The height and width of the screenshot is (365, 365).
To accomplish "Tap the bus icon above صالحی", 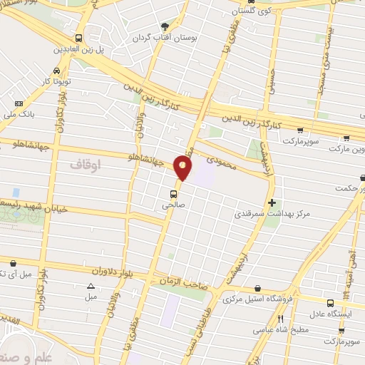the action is pyautogui.click(x=173, y=193).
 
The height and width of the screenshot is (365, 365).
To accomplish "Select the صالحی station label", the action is pyautogui.click(x=173, y=205).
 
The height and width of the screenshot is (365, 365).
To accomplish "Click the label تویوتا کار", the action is pyautogui.click(x=56, y=81).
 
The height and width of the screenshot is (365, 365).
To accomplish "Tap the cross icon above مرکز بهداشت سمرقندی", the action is pyautogui.click(x=272, y=202).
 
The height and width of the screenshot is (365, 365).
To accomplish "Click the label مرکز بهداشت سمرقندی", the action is pyautogui.click(x=272, y=213).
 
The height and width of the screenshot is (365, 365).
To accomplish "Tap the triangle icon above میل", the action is pyautogui.click(x=90, y=287).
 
